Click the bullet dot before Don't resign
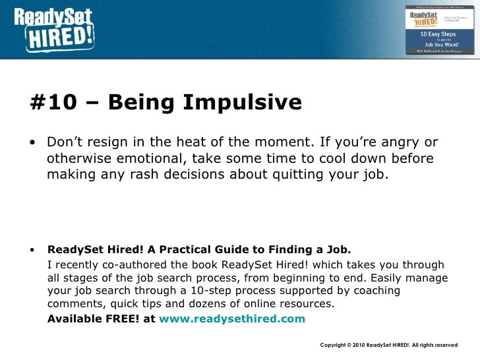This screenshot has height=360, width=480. [x=33, y=144]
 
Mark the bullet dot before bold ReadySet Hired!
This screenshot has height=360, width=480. [x=33, y=251]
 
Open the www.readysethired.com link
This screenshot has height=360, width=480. [x=233, y=318]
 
